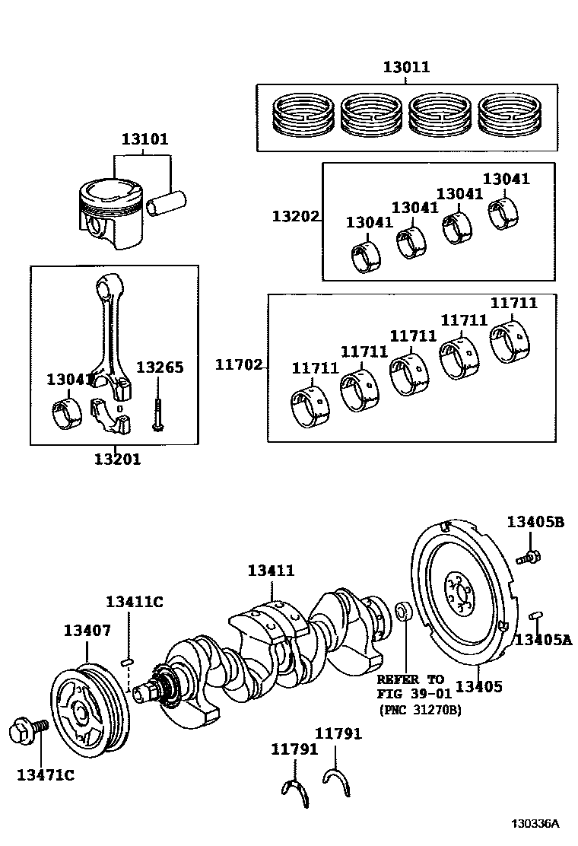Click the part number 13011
point(405,68)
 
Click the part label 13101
point(144,140)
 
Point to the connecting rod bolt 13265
point(158,412)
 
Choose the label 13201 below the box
point(117,460)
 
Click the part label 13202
point(295,217)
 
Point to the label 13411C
point(134,602)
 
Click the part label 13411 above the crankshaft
point(271,571)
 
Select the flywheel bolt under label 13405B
point(529,557)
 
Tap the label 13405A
point(542,639)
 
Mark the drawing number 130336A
point(534,824)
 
